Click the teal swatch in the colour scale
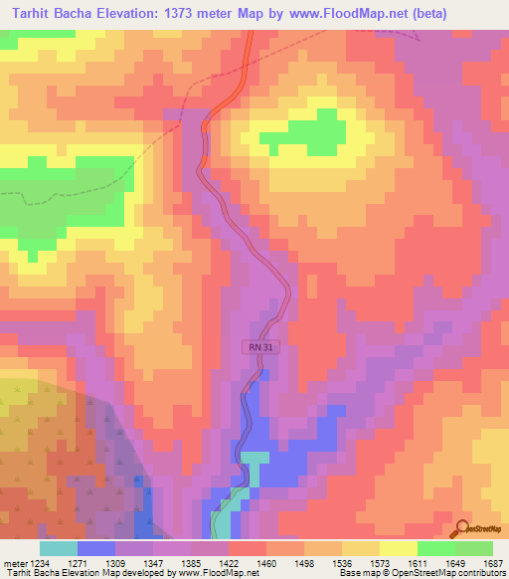[x=58, y=548]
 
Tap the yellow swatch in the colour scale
[x=398, y=548]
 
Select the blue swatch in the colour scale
[x=95, y=548]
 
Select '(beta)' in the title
[x=424, y=14]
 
